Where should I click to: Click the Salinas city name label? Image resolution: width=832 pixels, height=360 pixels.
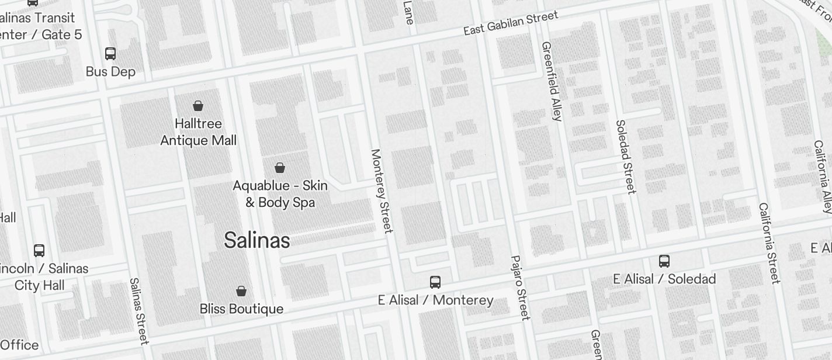pos(256,240)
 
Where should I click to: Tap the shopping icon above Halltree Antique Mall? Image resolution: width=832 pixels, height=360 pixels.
pos(198,106)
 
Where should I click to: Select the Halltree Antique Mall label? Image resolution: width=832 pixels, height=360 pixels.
pos(199,132)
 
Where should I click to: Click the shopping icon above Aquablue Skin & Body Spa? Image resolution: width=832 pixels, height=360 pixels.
pos(280,168)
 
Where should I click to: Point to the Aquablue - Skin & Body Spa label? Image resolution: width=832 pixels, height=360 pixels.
pos(280,194)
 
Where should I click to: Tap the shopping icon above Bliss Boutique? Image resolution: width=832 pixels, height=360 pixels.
pos(241,290)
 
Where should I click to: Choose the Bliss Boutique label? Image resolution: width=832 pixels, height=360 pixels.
pos(241,309)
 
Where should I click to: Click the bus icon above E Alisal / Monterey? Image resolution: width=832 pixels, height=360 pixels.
pos(435,282)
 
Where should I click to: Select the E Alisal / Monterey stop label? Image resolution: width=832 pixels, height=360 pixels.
pos(435,300)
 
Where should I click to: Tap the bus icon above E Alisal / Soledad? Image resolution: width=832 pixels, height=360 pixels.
pos(664,261)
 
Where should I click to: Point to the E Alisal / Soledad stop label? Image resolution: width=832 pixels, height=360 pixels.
pos(664,279)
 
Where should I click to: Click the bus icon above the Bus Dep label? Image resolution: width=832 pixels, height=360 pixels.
pos(110,54)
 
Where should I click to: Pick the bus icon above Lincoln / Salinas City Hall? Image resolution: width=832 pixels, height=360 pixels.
pos(39,251)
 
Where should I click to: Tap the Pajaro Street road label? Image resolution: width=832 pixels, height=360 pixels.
pos(520,288)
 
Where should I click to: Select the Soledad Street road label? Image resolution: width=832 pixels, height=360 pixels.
pos(625,157)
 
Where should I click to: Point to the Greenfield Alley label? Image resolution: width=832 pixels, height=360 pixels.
pos(552,81)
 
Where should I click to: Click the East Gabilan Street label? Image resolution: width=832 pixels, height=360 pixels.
pos(511,23)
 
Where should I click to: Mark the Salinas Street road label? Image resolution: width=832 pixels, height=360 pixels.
pos(139,311)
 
